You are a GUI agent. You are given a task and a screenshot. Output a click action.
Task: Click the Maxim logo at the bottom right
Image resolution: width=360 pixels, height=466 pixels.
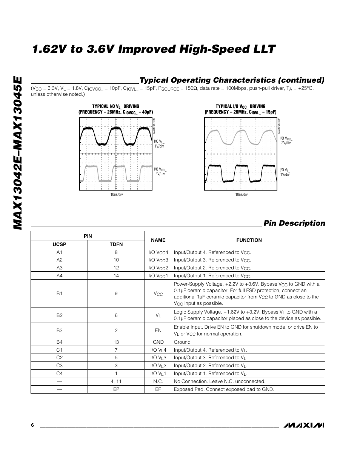[x=304, y=425]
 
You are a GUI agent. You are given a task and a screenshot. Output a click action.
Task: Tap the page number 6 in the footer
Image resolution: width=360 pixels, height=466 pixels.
[x=32, y=425]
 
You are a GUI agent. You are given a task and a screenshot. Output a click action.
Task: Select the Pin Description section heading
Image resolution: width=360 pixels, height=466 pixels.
[x=294, y=223]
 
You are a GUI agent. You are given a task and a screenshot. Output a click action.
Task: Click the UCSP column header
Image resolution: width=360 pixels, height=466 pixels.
[x=59, y=244]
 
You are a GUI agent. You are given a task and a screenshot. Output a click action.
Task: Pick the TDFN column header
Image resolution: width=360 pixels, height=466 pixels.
[x=116, y=244]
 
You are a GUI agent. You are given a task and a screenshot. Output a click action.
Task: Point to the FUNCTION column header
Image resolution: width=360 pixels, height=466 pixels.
[x=249, y=240]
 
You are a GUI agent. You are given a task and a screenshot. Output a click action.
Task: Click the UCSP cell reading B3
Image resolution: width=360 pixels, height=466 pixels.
[x=59, y=330]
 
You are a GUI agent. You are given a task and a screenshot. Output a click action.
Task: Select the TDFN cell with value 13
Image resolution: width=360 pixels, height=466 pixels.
[x=116, y=342]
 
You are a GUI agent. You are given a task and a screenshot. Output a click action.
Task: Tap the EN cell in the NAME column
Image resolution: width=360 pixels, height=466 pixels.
[x=158, y=330]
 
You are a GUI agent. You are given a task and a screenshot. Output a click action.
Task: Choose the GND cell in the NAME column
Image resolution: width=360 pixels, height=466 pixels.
[x=158, y=342]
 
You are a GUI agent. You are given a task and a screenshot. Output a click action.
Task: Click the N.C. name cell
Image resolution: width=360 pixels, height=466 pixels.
[x=158, y=381]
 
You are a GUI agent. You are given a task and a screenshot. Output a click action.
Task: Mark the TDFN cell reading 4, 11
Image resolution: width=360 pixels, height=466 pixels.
[x=116, y=381]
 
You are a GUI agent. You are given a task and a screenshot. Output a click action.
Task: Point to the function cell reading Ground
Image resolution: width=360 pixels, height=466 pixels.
[x=182, y=342]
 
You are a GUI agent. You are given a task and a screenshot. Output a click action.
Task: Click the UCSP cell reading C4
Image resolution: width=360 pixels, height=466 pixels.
[x=59, y=373]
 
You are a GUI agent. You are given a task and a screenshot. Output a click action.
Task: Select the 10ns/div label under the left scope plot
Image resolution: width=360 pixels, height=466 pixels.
[x=117, y=194]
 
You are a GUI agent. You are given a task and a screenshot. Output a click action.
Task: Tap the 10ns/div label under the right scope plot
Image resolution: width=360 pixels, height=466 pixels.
[x=242, y=194]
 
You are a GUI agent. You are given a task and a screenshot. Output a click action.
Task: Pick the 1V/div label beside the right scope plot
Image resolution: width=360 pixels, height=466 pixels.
[x=285, y=174]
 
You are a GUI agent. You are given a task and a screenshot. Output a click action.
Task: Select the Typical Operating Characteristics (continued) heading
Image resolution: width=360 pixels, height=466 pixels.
[x=232, y=80]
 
